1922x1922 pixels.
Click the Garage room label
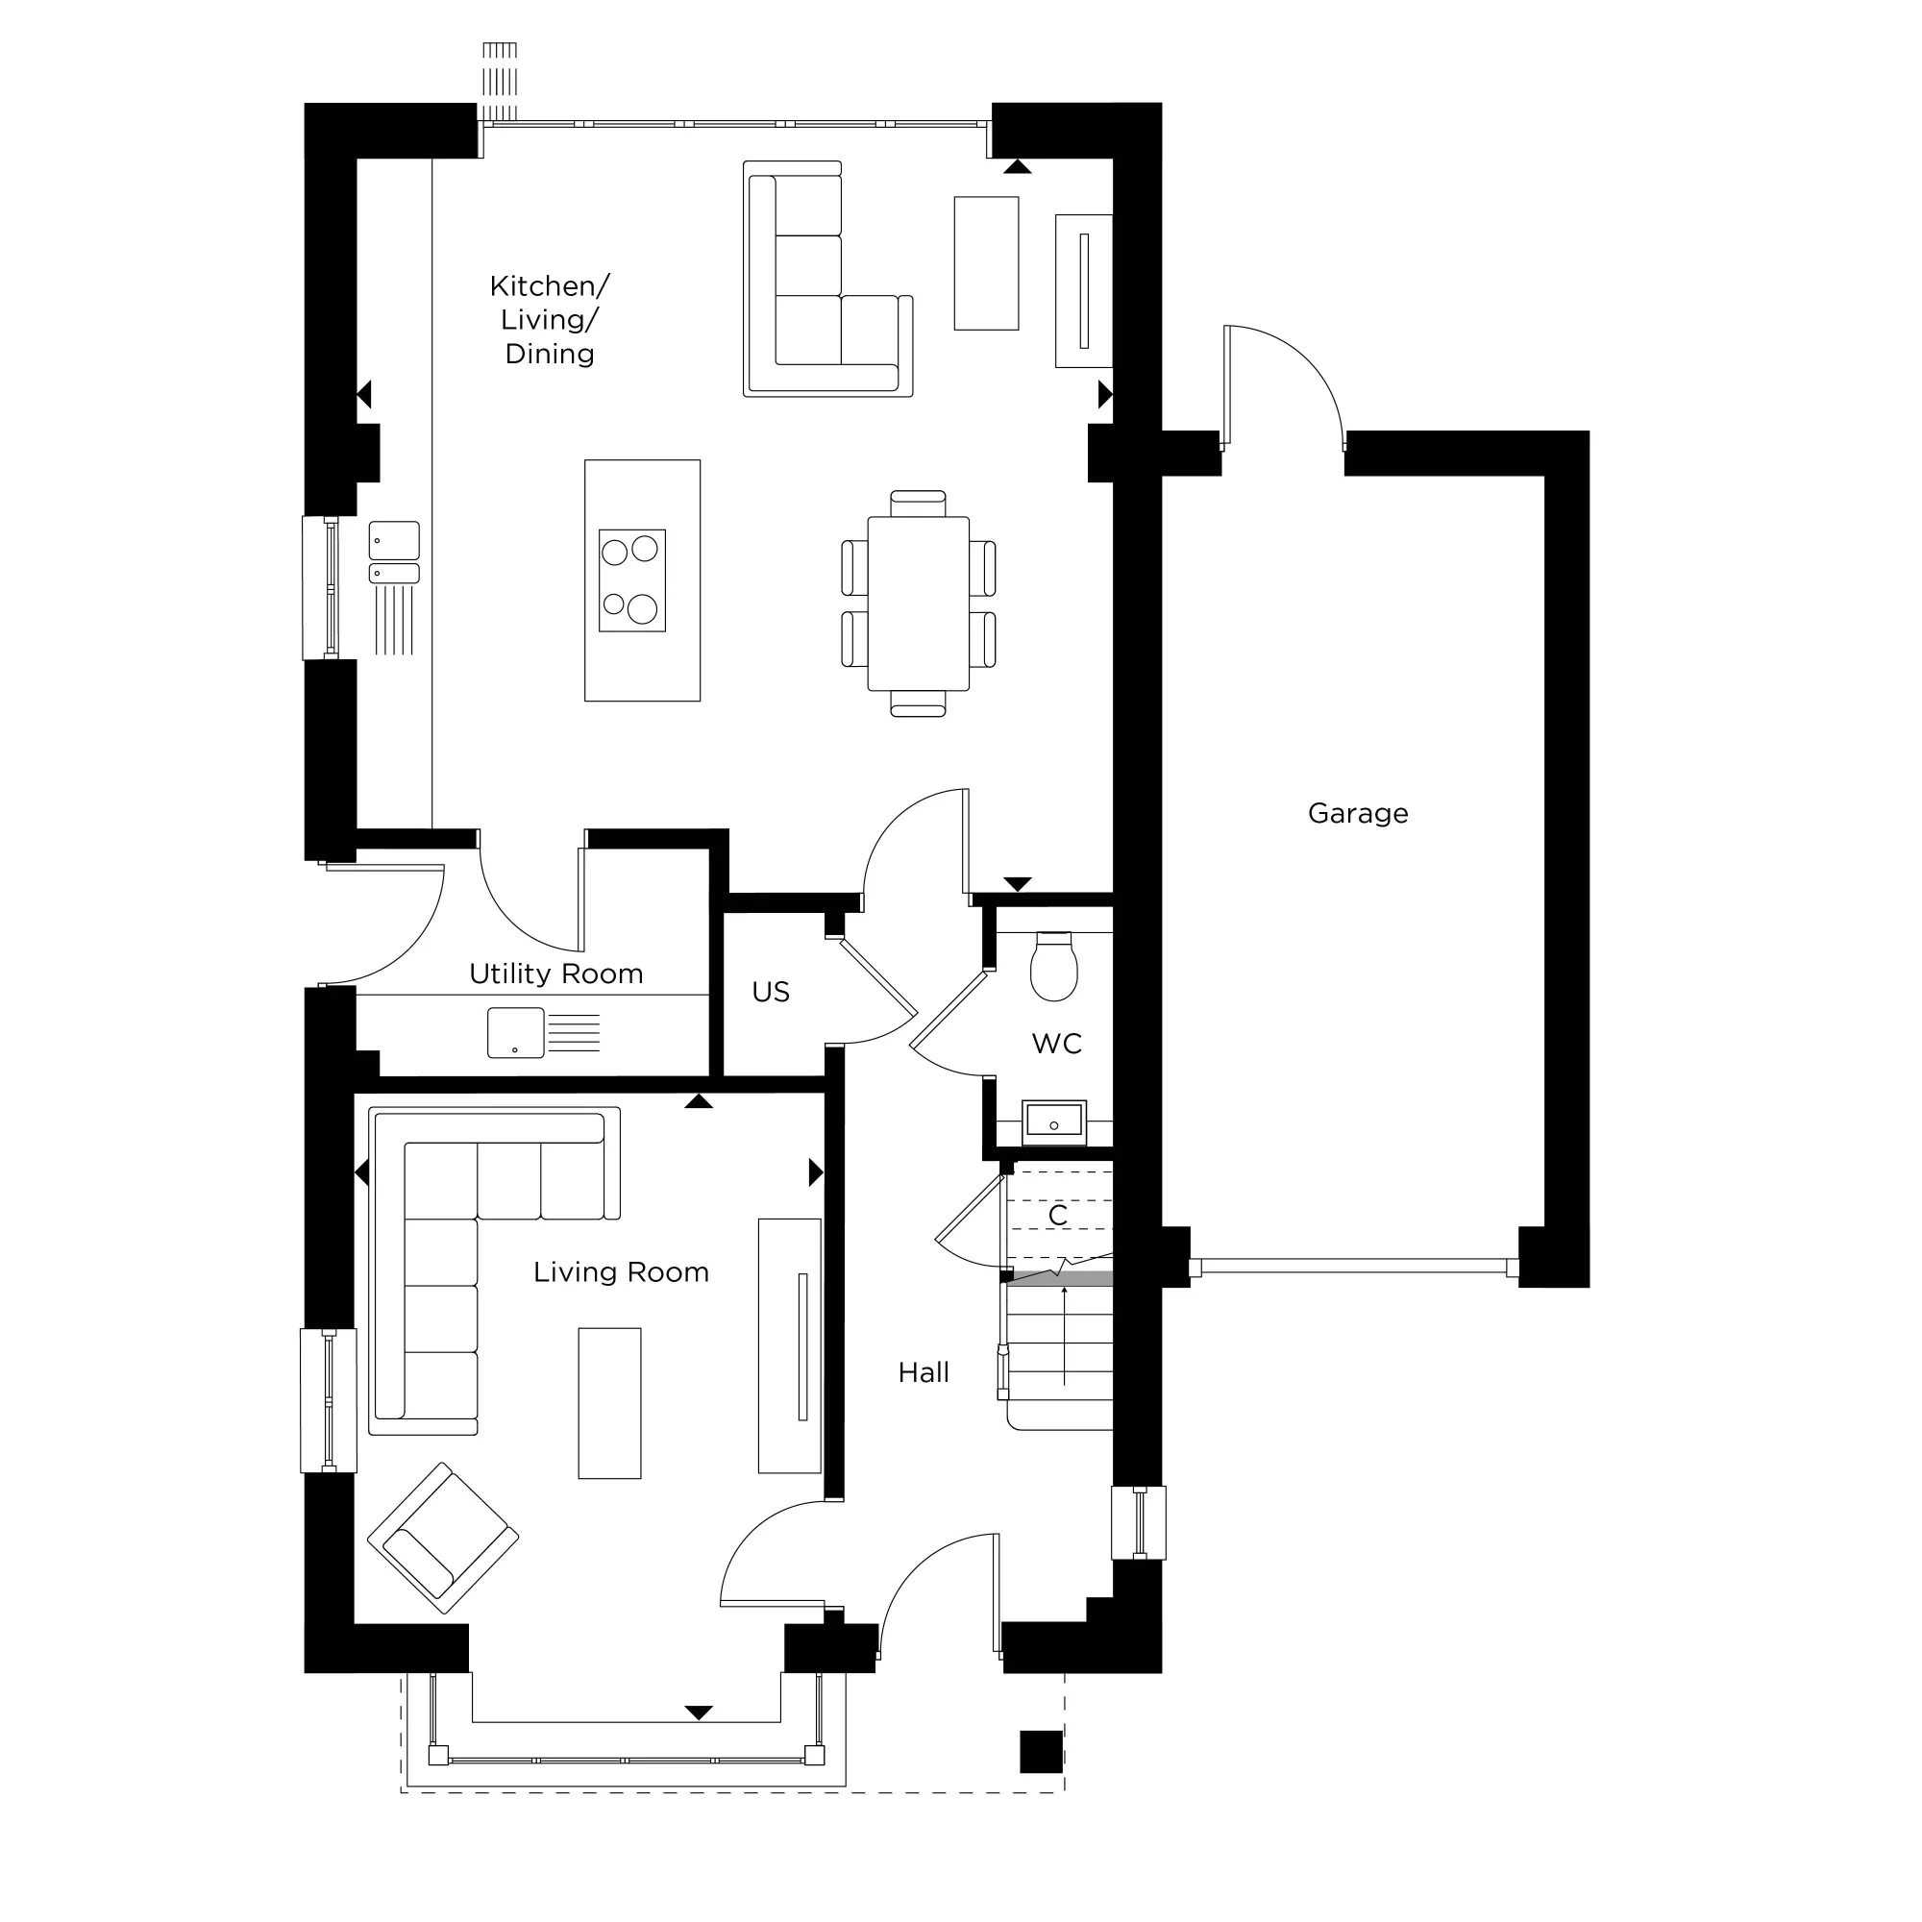(x=1357, y=814)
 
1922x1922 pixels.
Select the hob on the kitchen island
(x=631, y=581)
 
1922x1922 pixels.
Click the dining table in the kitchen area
(x=917, y=603)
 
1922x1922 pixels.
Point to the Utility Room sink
(x=515, y=1033)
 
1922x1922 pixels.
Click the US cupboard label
(x=770, y=992)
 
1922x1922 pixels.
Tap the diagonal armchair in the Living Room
(x=443, y=1537)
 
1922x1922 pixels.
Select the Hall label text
(x=923, y=1373)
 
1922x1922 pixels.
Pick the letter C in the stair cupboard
(x=1057, y=1215)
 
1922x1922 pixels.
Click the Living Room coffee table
(x=609, y=1403)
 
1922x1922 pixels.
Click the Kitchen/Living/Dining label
(x=549, y=319)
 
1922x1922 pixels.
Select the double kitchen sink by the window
(x=394, y=553)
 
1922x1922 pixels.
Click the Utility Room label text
(x=555, y=973)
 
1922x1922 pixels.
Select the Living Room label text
(x=621, y=1272)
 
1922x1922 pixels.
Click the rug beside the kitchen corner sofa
(x=986, y=262)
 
